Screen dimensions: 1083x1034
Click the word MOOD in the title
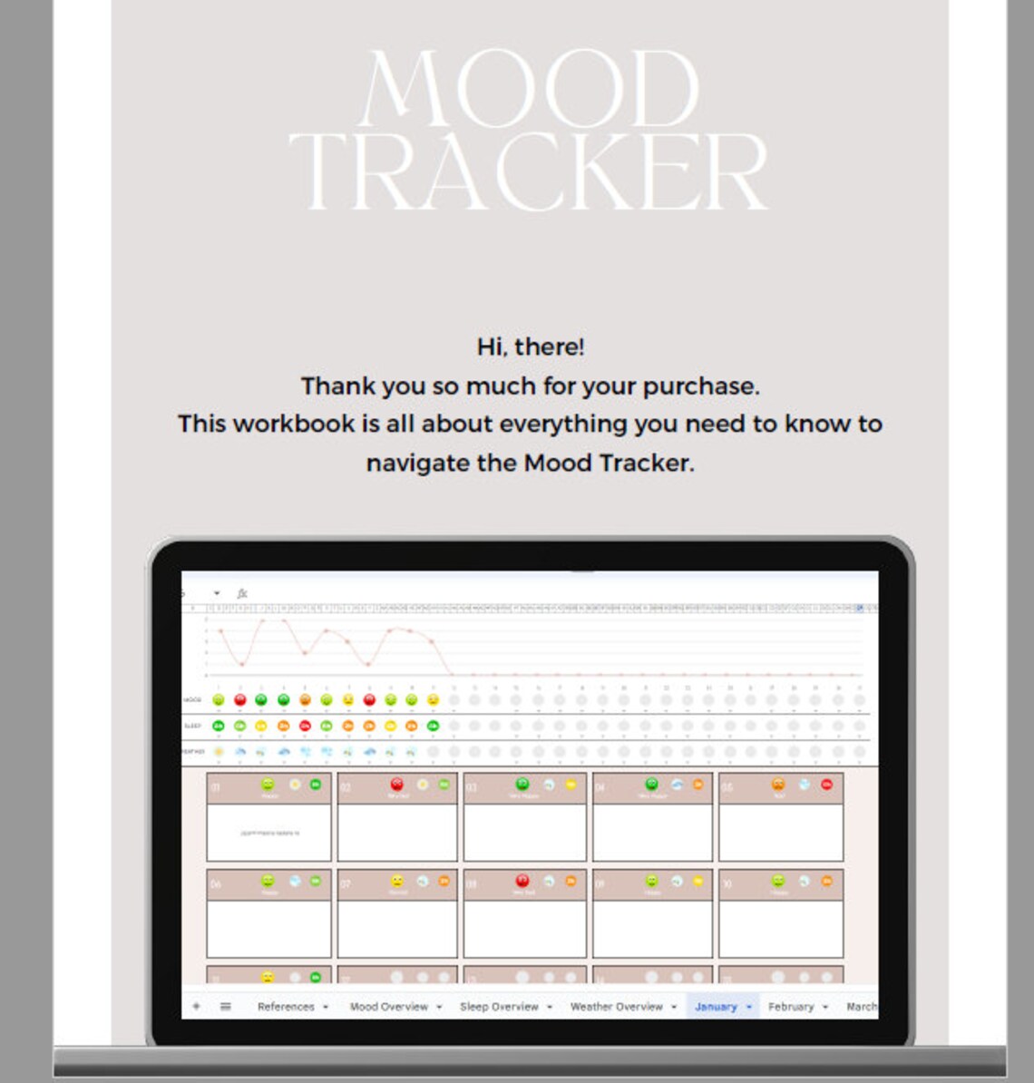530,89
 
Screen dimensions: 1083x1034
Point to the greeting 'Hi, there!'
531,346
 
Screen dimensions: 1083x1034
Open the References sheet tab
285,1007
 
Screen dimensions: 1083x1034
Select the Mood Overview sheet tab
388,1007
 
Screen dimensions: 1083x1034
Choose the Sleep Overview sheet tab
498,1007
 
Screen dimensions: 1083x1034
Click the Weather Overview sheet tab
616,1007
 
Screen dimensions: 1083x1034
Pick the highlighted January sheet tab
716,1007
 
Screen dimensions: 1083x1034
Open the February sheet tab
790,1007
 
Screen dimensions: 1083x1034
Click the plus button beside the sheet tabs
197,1007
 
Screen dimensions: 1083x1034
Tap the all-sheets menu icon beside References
225,1007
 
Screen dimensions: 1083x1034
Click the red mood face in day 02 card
396,785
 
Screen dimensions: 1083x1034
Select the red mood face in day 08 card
522,881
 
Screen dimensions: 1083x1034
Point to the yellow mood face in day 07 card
396,881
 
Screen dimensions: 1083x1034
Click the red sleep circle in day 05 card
826,785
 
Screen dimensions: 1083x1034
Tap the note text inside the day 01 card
269,833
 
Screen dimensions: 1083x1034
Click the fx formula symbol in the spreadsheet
242,593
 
